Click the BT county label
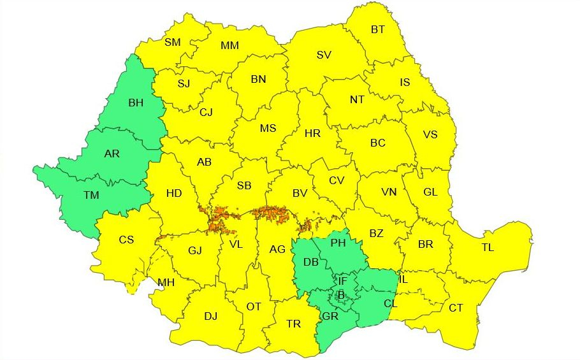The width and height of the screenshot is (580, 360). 378,29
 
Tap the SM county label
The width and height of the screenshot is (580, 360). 172,42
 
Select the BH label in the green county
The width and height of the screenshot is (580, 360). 136,102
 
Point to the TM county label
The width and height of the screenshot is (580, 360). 91,195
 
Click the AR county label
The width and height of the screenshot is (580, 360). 112,154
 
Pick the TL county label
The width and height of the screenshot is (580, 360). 488,247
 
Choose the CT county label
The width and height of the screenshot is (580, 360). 456,308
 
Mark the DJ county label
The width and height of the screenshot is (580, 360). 210,316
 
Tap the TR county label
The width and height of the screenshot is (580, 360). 293,324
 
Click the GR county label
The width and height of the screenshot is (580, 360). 331,315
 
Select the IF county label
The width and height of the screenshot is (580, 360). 342,280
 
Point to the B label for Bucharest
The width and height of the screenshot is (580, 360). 341,295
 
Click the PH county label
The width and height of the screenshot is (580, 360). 338,242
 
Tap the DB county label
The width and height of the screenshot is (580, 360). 311,263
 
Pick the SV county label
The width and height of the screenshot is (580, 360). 324,55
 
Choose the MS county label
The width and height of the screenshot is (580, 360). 268,128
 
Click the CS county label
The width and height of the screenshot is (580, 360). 126,240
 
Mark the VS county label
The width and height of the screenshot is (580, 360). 431,134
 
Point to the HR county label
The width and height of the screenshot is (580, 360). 312,133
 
